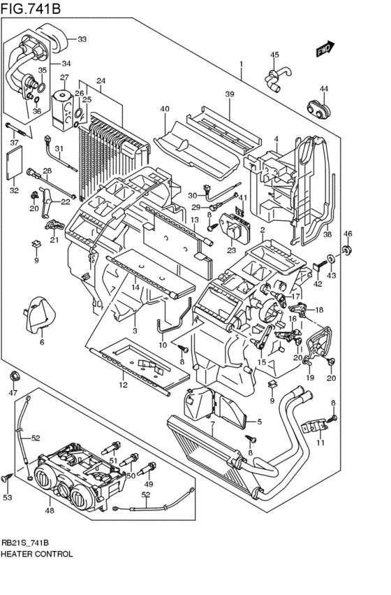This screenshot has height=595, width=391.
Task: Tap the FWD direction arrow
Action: click(x=325, y=49)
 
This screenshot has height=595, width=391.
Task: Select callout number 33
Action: click(x=82, y=38)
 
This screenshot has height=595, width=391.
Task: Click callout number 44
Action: click(x=323, y=88)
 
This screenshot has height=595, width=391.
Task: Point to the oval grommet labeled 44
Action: click(x=318, y=109)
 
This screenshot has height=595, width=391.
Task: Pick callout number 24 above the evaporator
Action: click(x=101, y=80)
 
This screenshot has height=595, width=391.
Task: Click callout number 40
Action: click(x=165, y=108)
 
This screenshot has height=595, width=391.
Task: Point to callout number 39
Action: click(x=230, y=94)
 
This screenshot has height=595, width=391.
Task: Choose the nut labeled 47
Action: click(x=13, y=378)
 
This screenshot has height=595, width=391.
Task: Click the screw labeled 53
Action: click(x=7, y=478)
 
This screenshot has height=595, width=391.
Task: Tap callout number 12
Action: click(x=123, y=384)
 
